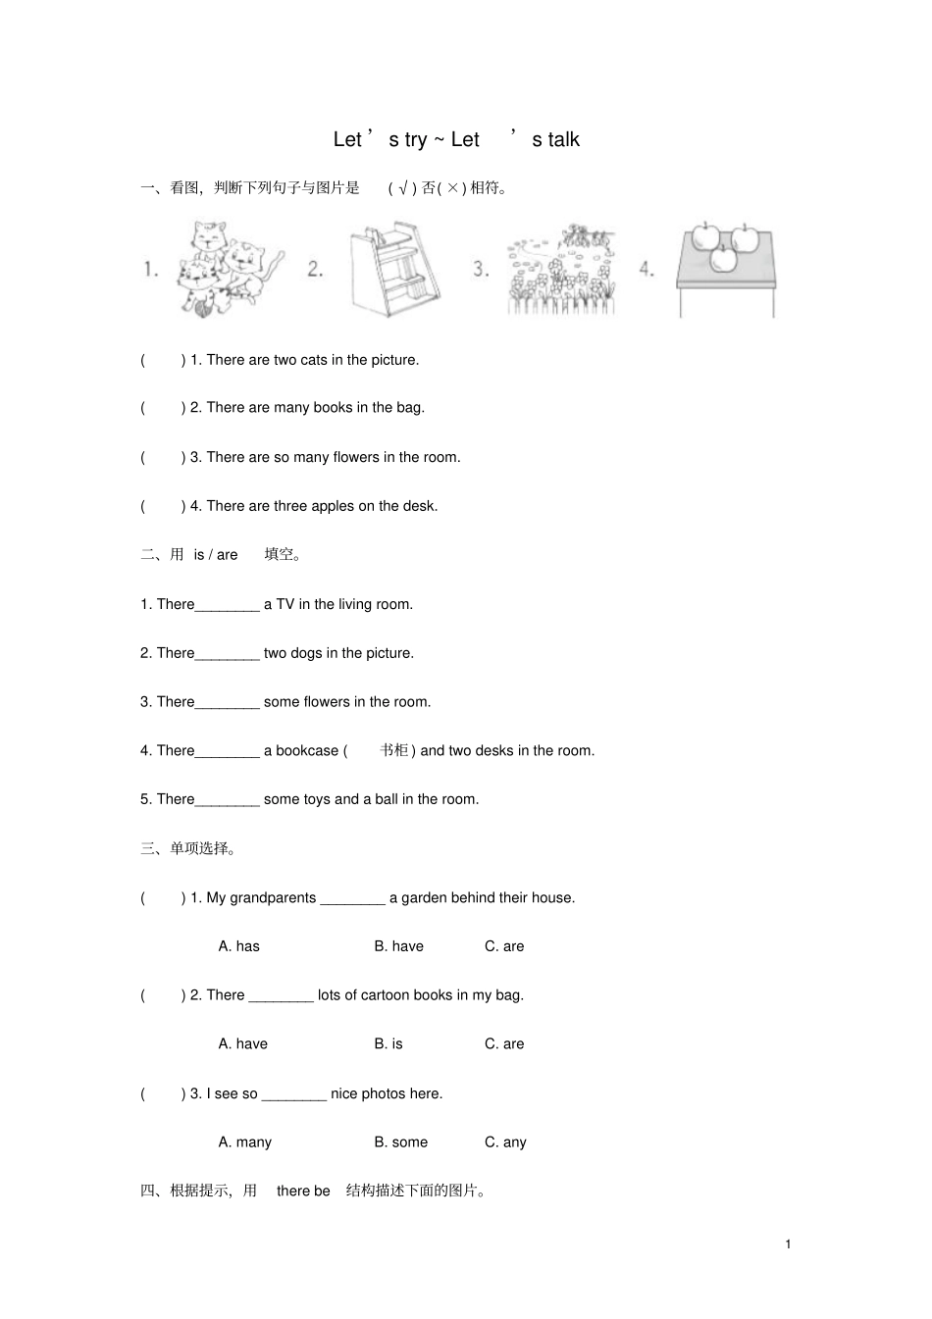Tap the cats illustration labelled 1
pyautogui.click(x=231, y=269)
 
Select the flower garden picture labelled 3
pyautogui.click(x=561, y=269)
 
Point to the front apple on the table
pyautogui.click(x=723, y=259)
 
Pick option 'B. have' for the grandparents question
pyautogui.click(x=399, y=945)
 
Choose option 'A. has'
pyautogui.click(x=238, y=945)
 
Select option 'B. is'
pyautogui.click(x=388, y=1043)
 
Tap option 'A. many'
pyautogui.click(x=244, y=1141)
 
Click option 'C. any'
pyautogui.click(x=505, y=1141)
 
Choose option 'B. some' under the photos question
pyautogui.click(x=400, y=1141)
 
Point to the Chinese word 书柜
pyautogui.click(x=394, y=749)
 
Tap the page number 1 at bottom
pyautogui.click(x=788, y=1243)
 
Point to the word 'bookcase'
pyautogui.click(x=307, y=750)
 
